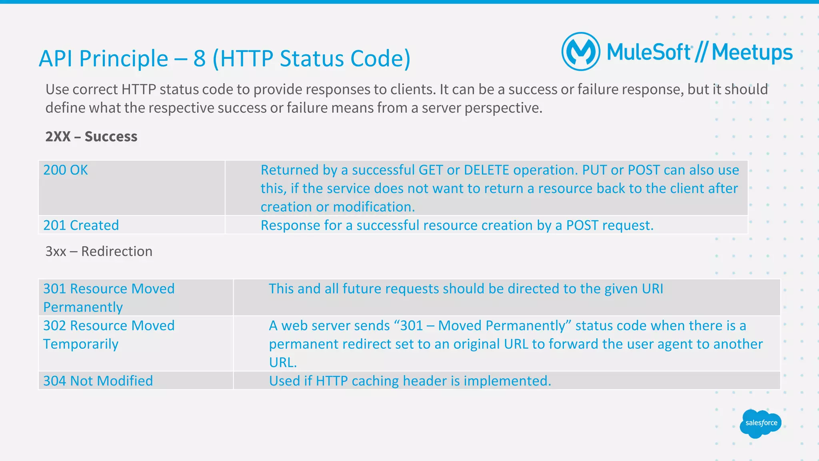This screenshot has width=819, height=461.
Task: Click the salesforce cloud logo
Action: point(761,423)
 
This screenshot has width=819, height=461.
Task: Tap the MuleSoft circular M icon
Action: point(581,52)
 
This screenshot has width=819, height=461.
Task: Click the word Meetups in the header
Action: point(752,53)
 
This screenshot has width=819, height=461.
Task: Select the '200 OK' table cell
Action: point(66,170)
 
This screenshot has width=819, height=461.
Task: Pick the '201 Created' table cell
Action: point(81,226)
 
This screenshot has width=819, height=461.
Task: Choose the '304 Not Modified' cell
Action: point(98,381)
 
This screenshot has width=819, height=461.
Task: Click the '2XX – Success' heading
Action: point(91,137)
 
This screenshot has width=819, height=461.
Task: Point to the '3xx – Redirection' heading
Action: point(99,251)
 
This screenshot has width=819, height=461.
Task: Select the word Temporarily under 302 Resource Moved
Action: point(81,344)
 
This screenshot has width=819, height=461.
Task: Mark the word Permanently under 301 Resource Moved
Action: point(83,307)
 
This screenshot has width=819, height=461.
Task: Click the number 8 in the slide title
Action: point(200,59)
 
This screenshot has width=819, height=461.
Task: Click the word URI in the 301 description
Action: point(652,289)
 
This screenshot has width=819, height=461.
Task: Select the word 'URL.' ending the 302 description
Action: point(283,363)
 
